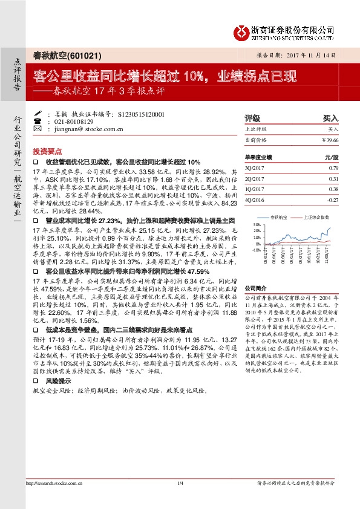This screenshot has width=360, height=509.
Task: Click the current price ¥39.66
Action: [x=330, y=140]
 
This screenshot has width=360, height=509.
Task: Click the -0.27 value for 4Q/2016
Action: [x=333, y=199]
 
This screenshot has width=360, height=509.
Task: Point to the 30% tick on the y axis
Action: [x=257, y=224]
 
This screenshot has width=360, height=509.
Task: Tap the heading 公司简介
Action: [x=256, y=289]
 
